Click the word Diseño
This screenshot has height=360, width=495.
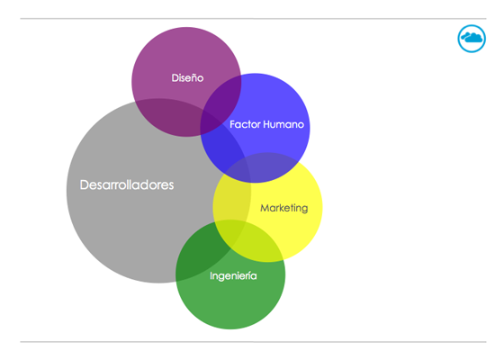coord(187,77)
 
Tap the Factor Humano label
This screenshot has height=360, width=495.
coord(266,124)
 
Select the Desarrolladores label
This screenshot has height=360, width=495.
coord(127,184)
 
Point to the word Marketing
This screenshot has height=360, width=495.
coord(283,208)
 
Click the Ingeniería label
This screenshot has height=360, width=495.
coord(233,275)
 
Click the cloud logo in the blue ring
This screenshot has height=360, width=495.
coord(472,38)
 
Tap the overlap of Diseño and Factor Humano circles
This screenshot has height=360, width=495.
coord(222,101)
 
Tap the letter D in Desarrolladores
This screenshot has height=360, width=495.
coord(84,184)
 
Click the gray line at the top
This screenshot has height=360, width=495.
coord(253,19)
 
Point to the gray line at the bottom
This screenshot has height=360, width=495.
coord(253,342)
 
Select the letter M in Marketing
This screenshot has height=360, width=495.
coord(265,208)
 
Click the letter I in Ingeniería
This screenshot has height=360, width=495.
coord(211,275)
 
